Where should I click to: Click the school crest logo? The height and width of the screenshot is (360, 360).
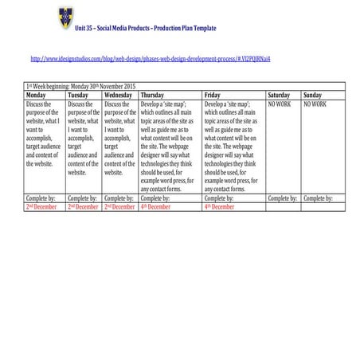(x=65, y=14)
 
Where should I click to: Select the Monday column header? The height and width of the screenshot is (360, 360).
(x=39, y=95)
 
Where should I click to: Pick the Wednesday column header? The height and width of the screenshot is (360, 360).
(x=119, y=95)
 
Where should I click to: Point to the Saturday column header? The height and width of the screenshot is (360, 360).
(x=280, y=95)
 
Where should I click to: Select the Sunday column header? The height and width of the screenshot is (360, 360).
(x=313, y=95)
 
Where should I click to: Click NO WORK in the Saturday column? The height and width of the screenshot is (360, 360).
(x=280, y=104)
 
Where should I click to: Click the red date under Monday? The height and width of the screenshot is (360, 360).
(x=42, y=206)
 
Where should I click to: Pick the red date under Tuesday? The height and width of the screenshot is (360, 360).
(x=84, y=206)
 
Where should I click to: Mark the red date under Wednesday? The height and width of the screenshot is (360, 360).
(x=120, y=206)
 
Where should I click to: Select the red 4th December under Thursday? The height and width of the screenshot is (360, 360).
(x=156, y=206)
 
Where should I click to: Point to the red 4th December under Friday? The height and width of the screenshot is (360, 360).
(x=220, y=206)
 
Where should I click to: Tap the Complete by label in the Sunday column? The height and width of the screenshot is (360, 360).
(x=318, y=198)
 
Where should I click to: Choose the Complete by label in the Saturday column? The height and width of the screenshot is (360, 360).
(x=282, y=198)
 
